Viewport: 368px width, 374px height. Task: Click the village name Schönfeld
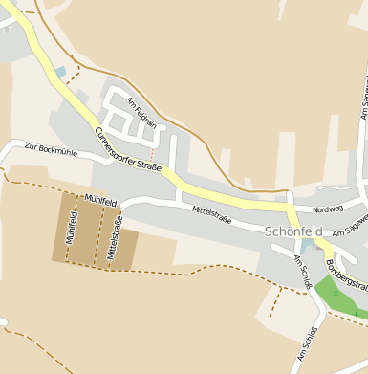click(x=293, y=231)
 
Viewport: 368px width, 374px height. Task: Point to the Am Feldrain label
click(x=141, y=114)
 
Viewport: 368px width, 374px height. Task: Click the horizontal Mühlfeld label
click(x=99, y=200)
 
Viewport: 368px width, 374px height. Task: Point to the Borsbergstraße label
click(x=346, y=275)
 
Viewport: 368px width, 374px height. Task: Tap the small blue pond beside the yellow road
click(x=61, y=72)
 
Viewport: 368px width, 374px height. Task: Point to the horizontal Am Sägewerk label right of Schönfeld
click(x=348, y=228)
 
